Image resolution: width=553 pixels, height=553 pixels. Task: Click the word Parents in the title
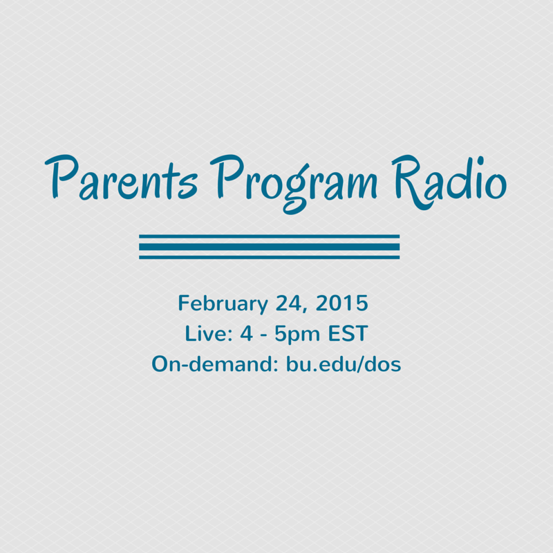[120, 177]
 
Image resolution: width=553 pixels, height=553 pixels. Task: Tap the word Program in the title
[293, 184]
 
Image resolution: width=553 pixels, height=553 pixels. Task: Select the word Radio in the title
[449, 182]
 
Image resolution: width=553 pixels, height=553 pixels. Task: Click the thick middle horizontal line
[269, 247]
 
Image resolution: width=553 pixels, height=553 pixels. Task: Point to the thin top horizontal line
[269, 236]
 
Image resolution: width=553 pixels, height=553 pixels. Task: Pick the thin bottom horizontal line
[269, 257]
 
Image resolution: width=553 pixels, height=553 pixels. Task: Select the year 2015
[341, 303]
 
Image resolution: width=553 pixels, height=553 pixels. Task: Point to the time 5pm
[297, 335]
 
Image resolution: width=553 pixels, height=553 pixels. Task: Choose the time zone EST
[348, 334]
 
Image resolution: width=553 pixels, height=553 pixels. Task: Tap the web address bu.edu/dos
[344, 364]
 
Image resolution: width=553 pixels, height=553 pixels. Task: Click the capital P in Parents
[62, 176]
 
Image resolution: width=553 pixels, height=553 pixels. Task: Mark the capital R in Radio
[410, 182]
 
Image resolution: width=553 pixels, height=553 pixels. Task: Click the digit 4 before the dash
[247, 334]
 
